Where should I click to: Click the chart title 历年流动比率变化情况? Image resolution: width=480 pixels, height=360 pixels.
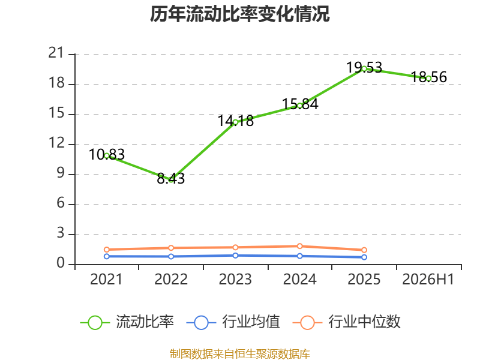tap(239, 14)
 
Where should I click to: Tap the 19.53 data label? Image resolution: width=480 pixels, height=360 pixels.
tap(364, 67)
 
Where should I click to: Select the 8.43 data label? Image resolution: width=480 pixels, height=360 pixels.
tap(171, 178)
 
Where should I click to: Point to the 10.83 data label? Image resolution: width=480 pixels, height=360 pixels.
tap(107, 154)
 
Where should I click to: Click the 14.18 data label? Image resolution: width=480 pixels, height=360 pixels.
tap(235, 121)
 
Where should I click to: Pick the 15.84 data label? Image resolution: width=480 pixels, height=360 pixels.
tap(300, 104)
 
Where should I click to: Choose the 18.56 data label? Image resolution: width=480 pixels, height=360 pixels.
tap(428, 77)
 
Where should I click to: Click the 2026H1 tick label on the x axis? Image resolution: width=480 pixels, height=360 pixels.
tap(428, 279)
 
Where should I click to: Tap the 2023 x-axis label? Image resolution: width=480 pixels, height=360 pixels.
tap(235, 279)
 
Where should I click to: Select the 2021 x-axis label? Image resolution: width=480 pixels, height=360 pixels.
tap(106, 279)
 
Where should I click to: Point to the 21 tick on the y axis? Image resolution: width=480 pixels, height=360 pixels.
tap(57, 53)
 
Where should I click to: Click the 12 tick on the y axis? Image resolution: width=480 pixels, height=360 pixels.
tap(57, 143)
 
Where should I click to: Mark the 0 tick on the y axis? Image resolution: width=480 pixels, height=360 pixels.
tap(61, 263)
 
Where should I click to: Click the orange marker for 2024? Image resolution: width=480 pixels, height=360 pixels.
tap(299, 246)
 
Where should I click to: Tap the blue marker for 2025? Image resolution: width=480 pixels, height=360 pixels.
tap(364, 257)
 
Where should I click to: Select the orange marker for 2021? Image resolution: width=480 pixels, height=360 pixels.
tap(107, 250)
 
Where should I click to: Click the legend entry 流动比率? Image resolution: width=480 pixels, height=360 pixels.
tap(127, 322)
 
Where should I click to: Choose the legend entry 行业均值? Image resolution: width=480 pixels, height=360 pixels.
tap(233, 322)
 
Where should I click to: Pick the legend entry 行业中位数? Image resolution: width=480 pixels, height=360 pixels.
tap(347, 322)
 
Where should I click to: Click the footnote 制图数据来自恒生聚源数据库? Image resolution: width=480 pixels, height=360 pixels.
tap(240, 353)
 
